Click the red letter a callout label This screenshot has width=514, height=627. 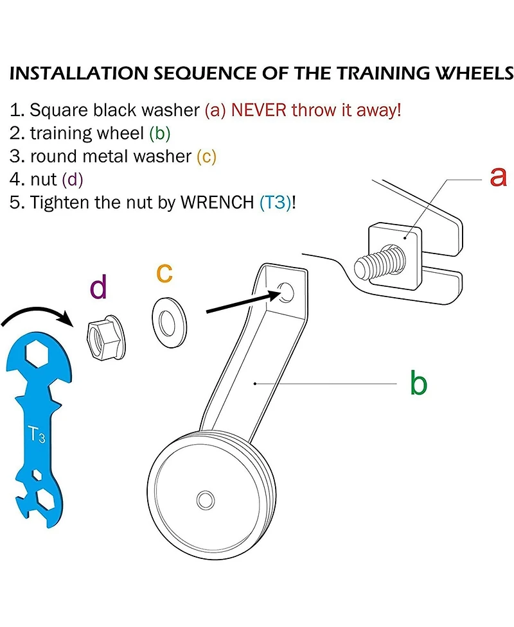[498, 176]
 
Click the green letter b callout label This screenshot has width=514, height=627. [418, 383]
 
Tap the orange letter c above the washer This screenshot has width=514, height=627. [164, 272]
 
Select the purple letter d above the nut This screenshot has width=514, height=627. [98, 288]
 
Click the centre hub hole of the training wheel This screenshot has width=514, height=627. [206, 499]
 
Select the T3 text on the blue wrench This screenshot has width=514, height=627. [37, 435]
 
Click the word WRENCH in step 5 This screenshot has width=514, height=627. [219, 202]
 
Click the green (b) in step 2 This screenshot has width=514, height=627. [160, 133]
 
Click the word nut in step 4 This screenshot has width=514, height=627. [44, 179]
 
